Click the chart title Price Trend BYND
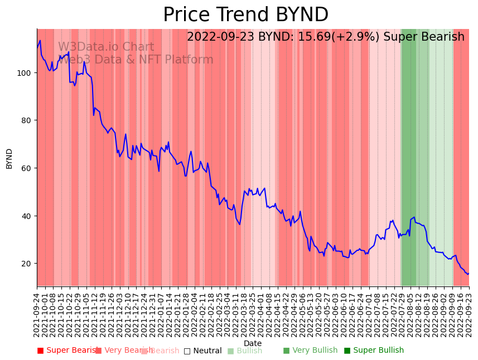(x=245, y=15)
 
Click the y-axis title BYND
(x=9, y=159)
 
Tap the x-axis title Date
(x=253, y=344)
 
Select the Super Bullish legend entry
(x=374, y=351)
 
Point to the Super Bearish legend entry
(x=67, y=351)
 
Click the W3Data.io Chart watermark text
(x=106, y=47)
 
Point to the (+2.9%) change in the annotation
(x=362, y=37)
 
